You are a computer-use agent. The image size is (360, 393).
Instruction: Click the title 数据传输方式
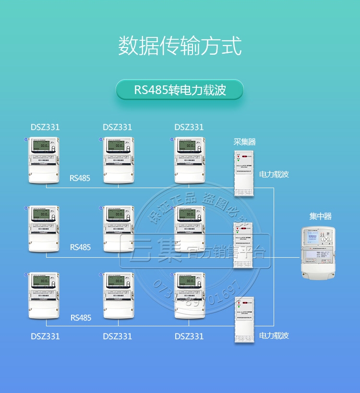click(180, 46)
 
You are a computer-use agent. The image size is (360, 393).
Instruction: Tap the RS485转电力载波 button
click(180, 90)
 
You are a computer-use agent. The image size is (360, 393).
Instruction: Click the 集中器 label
click(320, 216)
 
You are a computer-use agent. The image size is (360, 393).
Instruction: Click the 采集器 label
click(244, 142)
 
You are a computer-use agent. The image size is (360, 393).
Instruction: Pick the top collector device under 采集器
click(244, 173)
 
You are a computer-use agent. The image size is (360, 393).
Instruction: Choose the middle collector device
click(244, 245)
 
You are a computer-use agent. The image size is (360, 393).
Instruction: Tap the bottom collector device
click(244, 320)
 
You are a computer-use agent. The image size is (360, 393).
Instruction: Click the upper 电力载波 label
click(274, 174)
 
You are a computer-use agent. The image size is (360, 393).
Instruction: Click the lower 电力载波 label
click(274, 335)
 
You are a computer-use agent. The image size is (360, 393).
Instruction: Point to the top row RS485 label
click(80, 178)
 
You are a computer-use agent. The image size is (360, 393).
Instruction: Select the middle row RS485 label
click(80, 247)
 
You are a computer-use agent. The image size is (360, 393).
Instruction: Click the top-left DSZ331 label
click(46, 127)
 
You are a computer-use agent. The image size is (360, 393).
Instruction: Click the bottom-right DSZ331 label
click(189, 336)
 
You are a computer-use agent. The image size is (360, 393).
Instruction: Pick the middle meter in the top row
click(119, 160)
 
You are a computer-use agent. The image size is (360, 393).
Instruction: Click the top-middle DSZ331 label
click(117, 127)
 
